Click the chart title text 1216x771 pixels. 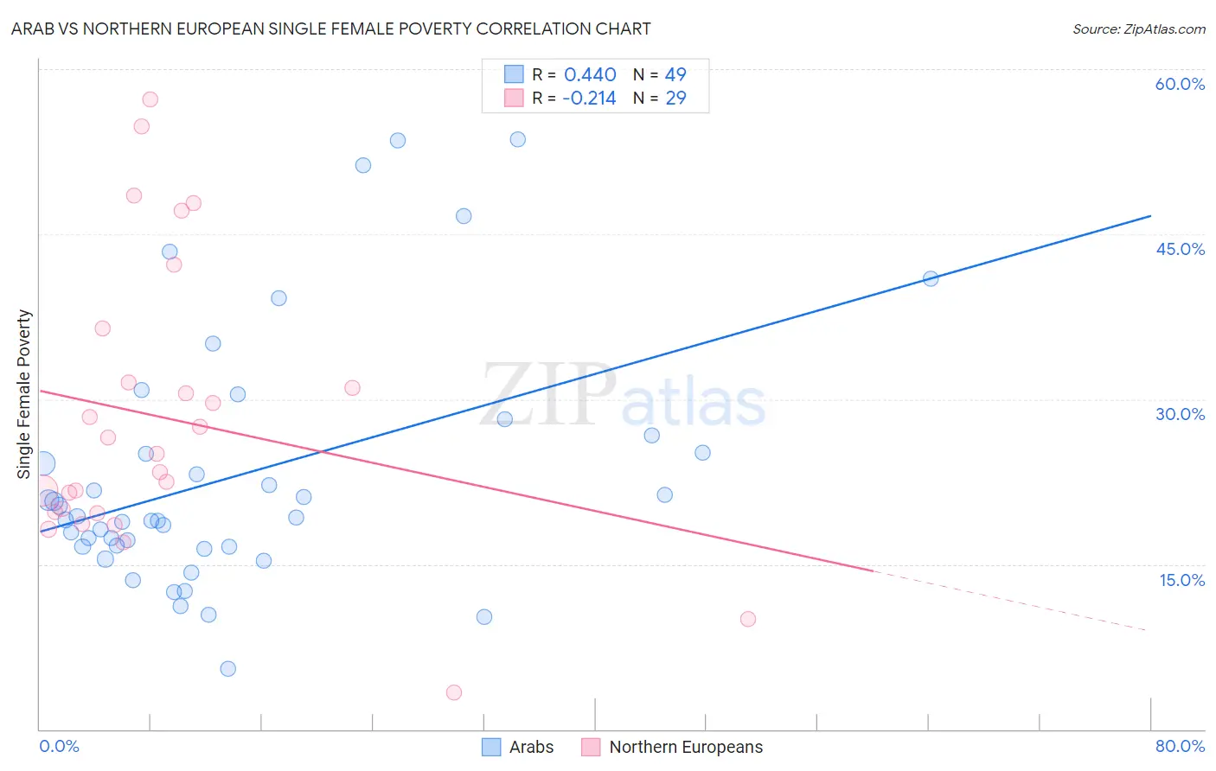tap(330, 29)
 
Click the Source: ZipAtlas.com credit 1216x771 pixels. tap(1138, 29)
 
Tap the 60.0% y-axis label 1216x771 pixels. tap(1180, 84)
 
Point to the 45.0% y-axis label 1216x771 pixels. tap(1180, 249)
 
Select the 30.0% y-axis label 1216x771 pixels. tap(1180, 414)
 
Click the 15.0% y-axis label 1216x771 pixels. tap(1181, 580)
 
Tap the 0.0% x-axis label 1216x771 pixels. tap(59, 746)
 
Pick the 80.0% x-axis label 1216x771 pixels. tap(1180, 746)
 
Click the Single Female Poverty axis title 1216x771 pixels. tap(24, 394)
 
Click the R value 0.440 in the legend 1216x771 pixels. tap(590, 75)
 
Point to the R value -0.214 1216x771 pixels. tap(589, 99)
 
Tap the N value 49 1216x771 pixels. tap(675, 75)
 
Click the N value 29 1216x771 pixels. tap(675, 99)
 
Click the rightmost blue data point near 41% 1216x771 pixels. tap(931, 278)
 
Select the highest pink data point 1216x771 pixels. tap(150, 99)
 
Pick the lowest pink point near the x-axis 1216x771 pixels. tap(454, 692)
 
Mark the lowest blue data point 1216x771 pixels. tap(228, 668)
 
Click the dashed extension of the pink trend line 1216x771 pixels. tap(1012, 601)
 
